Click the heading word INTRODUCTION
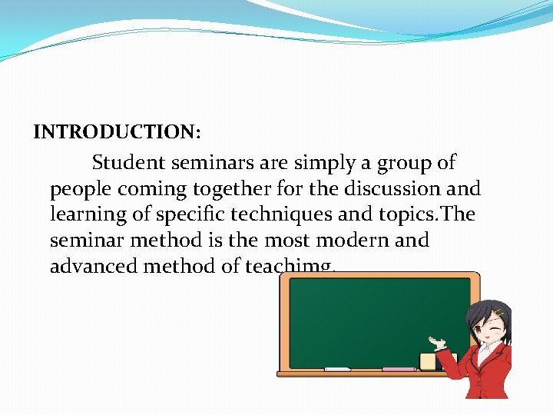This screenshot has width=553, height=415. [116, 131]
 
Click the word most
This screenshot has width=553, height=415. [285, 241]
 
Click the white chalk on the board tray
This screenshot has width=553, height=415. [337, 370]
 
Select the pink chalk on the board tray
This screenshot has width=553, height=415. [399, 370]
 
